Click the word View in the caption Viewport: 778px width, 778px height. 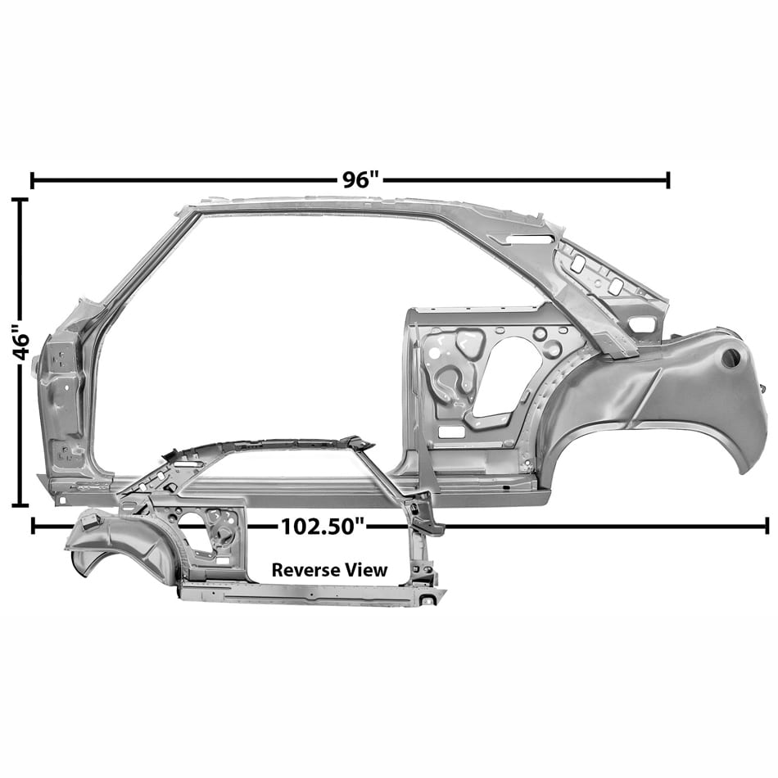click(367, 570)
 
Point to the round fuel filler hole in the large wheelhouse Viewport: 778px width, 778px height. click(730, 358)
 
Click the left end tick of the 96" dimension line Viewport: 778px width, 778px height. click(32, 181)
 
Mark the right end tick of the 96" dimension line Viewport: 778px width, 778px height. click(668, 181)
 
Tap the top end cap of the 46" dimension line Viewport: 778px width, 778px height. click(20, 200)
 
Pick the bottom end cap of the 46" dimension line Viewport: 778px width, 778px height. click(20, 505)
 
